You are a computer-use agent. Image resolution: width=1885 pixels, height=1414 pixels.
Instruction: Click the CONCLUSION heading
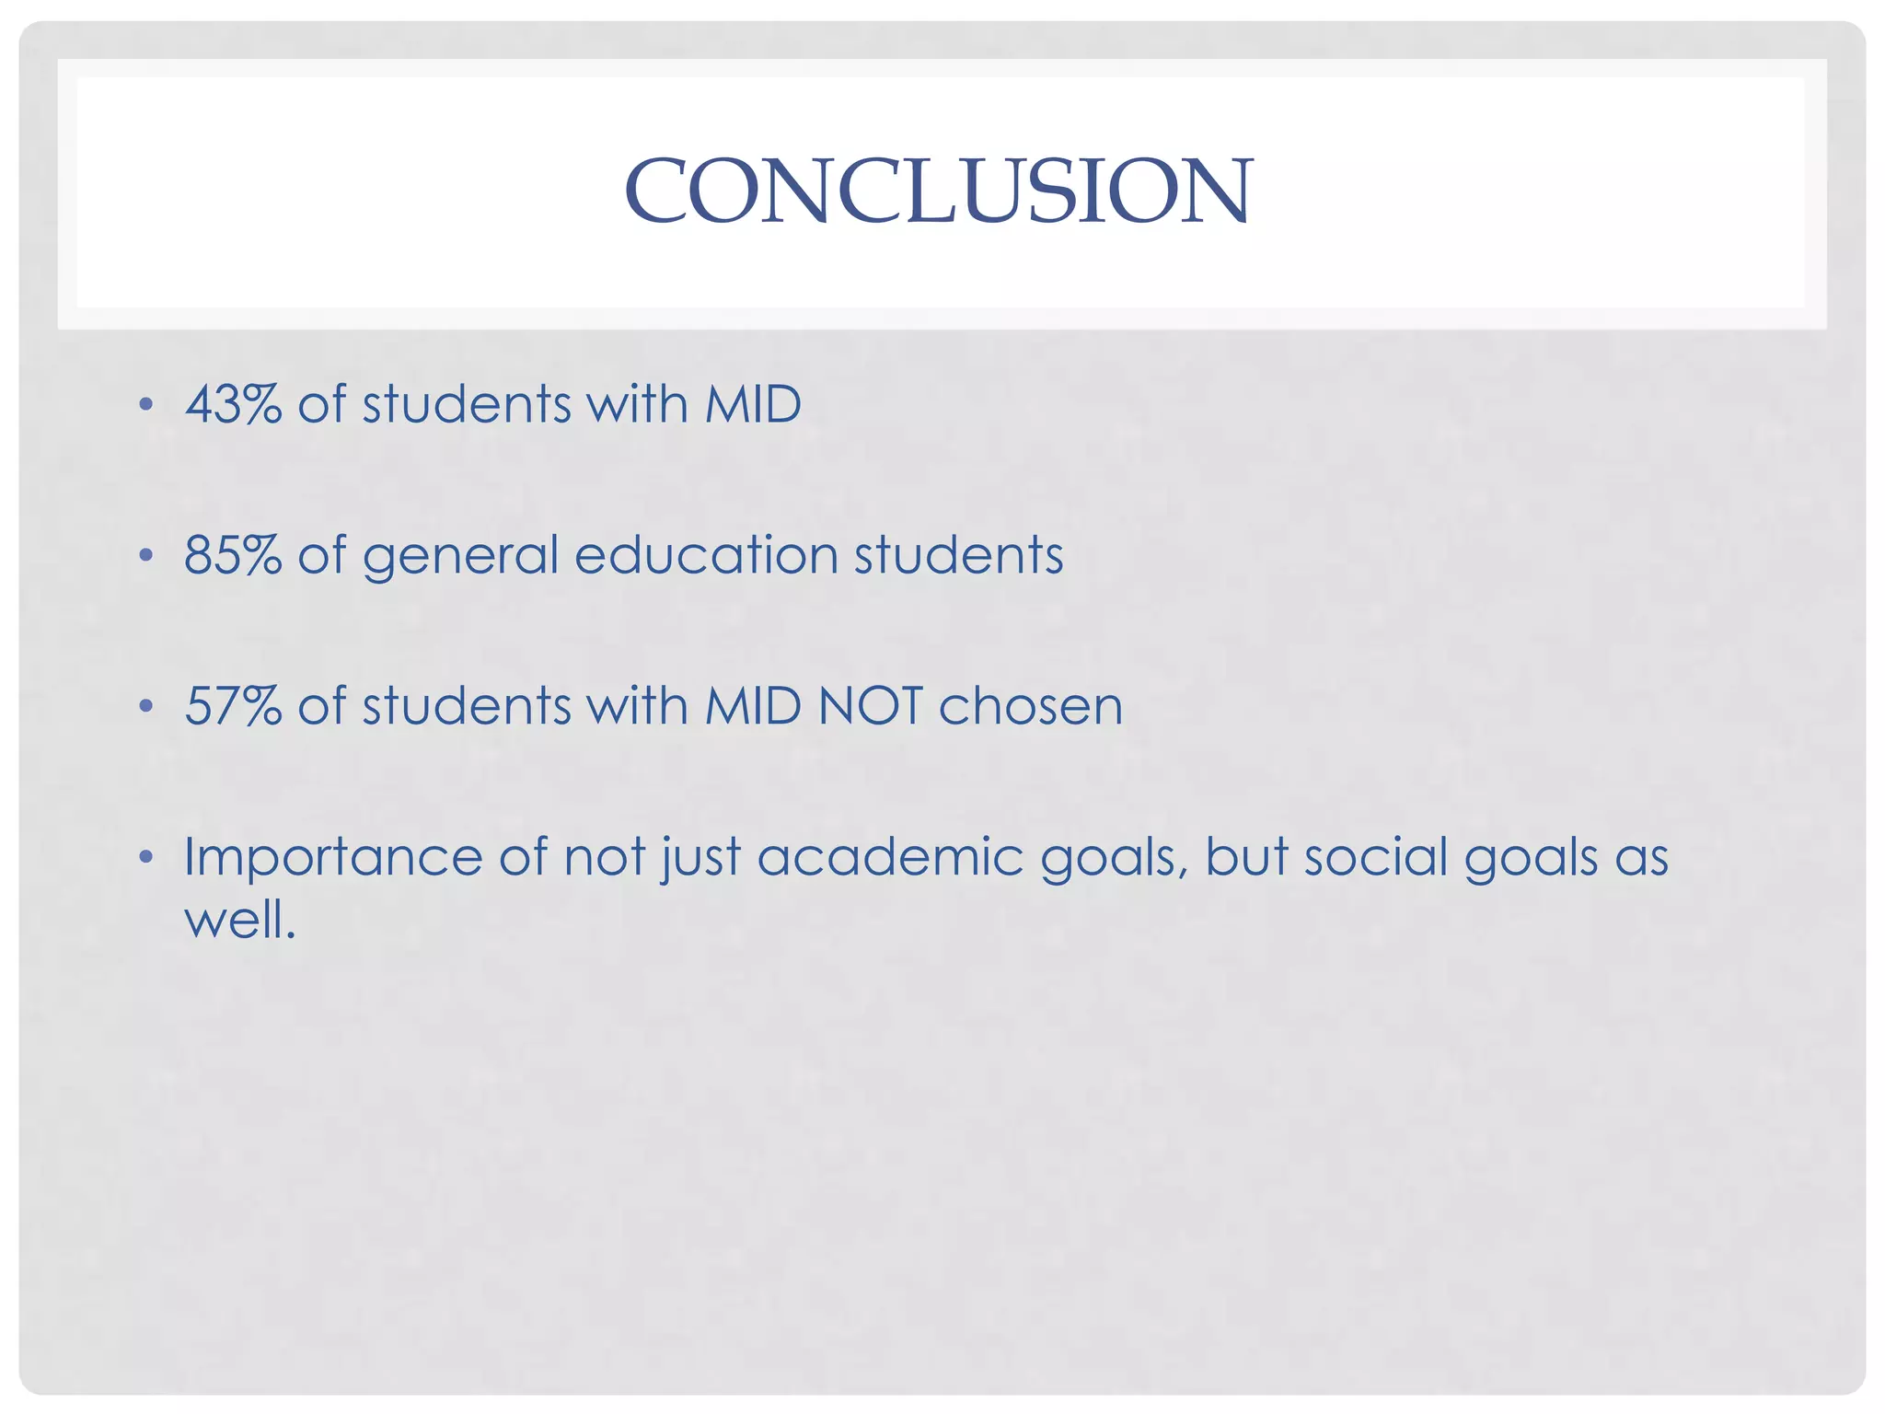938,191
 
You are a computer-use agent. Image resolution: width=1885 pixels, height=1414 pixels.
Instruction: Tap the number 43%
233,404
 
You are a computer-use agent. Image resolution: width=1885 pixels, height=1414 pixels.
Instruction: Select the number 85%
233,555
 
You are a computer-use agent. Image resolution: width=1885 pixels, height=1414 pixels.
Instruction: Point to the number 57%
233,706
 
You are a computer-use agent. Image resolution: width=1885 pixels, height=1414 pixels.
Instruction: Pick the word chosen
1031,706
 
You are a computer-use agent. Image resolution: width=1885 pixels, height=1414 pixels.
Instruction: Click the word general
460,557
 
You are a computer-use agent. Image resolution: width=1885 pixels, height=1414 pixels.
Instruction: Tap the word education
706,555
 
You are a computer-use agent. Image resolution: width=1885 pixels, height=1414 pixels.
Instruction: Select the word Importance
332,858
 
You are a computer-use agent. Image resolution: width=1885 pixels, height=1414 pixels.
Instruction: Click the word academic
891,857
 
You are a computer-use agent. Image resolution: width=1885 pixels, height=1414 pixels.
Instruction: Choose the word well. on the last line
239,919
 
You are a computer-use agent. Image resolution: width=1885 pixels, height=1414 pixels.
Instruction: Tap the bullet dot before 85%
145,556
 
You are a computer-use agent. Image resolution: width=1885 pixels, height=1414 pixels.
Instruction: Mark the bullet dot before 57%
145,707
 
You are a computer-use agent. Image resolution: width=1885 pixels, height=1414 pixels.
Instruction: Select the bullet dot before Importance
145,858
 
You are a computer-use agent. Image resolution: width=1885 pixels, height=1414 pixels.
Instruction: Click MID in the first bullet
753,404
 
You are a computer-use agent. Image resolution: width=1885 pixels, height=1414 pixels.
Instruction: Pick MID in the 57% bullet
753,706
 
